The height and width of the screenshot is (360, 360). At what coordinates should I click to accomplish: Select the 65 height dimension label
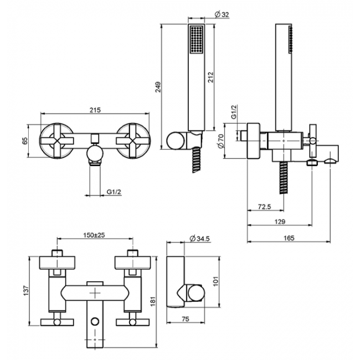pyautogui.click(x=24, y=141)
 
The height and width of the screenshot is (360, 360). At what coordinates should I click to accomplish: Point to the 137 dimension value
pyautogui.click(x=24, y=290)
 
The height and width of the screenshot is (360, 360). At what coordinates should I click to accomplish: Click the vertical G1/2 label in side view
pyautogui.click(x=234, y=112)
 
